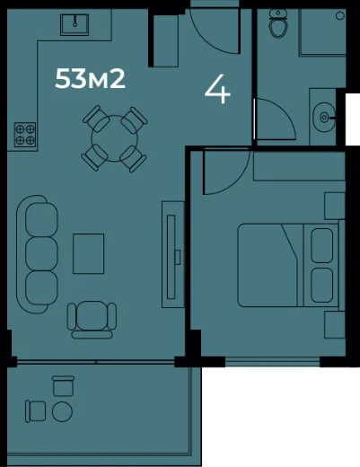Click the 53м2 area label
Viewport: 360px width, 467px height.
[x=90, y=79]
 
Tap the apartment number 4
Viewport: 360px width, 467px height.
[x=217, y=89]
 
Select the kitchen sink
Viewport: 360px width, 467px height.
[x=75, y=25]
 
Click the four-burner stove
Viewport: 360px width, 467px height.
[x=25, y=135]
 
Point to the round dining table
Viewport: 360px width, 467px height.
[x=114, y=138]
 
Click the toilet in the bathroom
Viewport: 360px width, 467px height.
[x=278, y=23]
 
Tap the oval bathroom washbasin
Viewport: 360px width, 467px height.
[x=324, y=117]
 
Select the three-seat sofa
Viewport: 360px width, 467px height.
[x=38, y=254]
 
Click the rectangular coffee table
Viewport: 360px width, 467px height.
[x=89, y=254]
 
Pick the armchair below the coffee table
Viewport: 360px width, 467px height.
[x=92, y=320]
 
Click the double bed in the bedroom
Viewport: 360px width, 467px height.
[x=289, y=265]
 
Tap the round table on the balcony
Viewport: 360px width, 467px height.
[x=62, y=411]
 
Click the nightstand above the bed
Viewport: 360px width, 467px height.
[x=335, y=206]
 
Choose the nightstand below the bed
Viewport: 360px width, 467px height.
[x=335, y=324]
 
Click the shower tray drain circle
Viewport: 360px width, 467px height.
[x=340, y=15]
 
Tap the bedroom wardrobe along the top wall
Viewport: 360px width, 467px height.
[x=299, y=166]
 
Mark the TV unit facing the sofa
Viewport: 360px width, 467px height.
[x=173, y=254]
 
